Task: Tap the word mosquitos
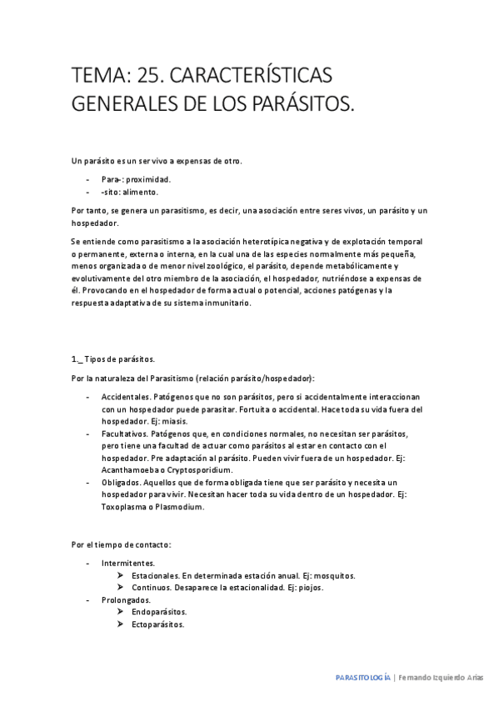tap(331, 575)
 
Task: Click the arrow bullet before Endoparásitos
tap(122, 612)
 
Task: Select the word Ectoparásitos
tap(158, 624)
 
